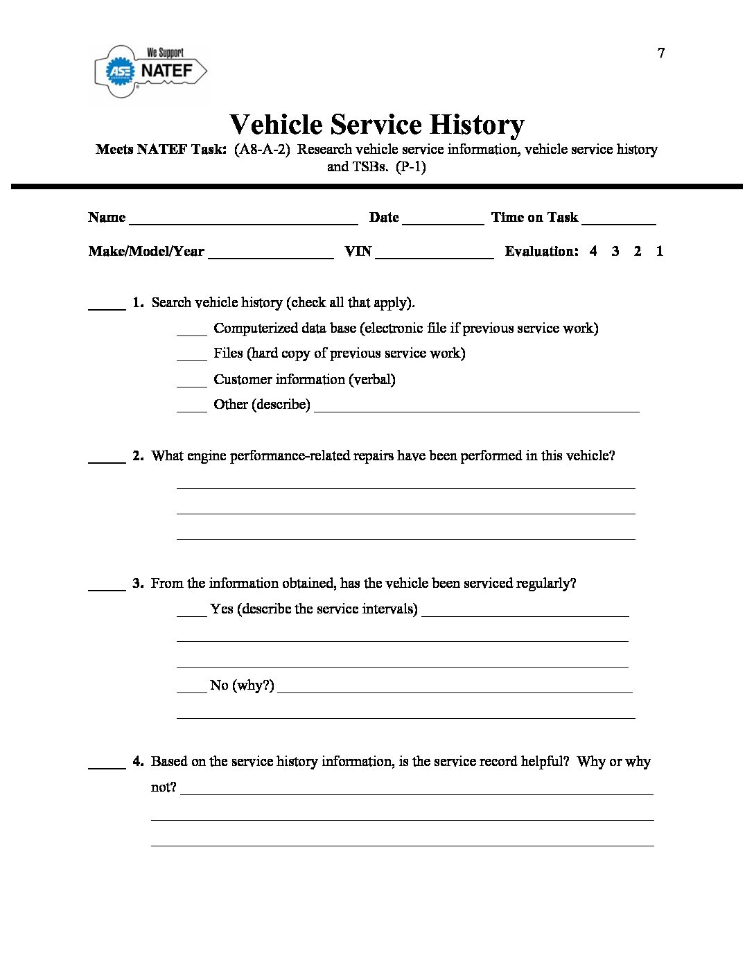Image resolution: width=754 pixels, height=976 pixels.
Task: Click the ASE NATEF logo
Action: coord(150,70)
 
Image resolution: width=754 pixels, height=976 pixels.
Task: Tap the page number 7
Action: coord(661,53)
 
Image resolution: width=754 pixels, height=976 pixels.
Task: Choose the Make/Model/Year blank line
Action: coord(270,254)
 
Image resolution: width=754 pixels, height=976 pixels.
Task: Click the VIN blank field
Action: coord(435,254)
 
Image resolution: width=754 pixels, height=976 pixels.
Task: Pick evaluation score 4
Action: coord(593,252)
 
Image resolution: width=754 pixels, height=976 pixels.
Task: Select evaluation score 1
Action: coord(660,252)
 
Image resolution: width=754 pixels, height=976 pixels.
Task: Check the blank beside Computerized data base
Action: coord(192,331)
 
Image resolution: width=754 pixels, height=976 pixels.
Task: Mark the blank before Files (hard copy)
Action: coord(192,356)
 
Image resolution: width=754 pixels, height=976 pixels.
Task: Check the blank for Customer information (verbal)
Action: coord(192,383)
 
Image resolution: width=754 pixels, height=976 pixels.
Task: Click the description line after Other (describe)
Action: coord(477,408)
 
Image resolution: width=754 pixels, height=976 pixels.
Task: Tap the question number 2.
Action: coord(138,456)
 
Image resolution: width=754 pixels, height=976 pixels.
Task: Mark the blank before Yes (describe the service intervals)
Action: coord(192,612)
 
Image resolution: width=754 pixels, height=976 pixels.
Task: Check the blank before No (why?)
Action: coord(192,688)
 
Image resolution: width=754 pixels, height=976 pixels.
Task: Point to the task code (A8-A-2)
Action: coord(262,150)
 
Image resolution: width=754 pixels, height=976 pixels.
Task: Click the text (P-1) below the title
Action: coord(411,167)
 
